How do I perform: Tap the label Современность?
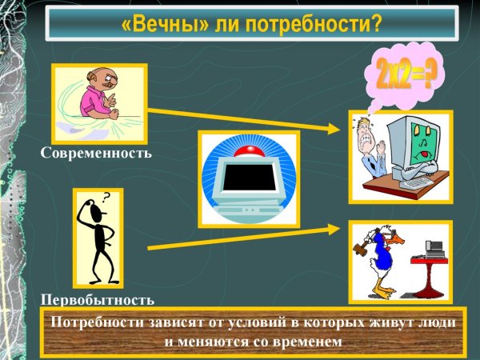click(x=96, y=151)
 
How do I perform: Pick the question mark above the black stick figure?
click(x=106, y=195)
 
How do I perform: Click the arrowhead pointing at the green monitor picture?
click(x=338, y=127)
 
